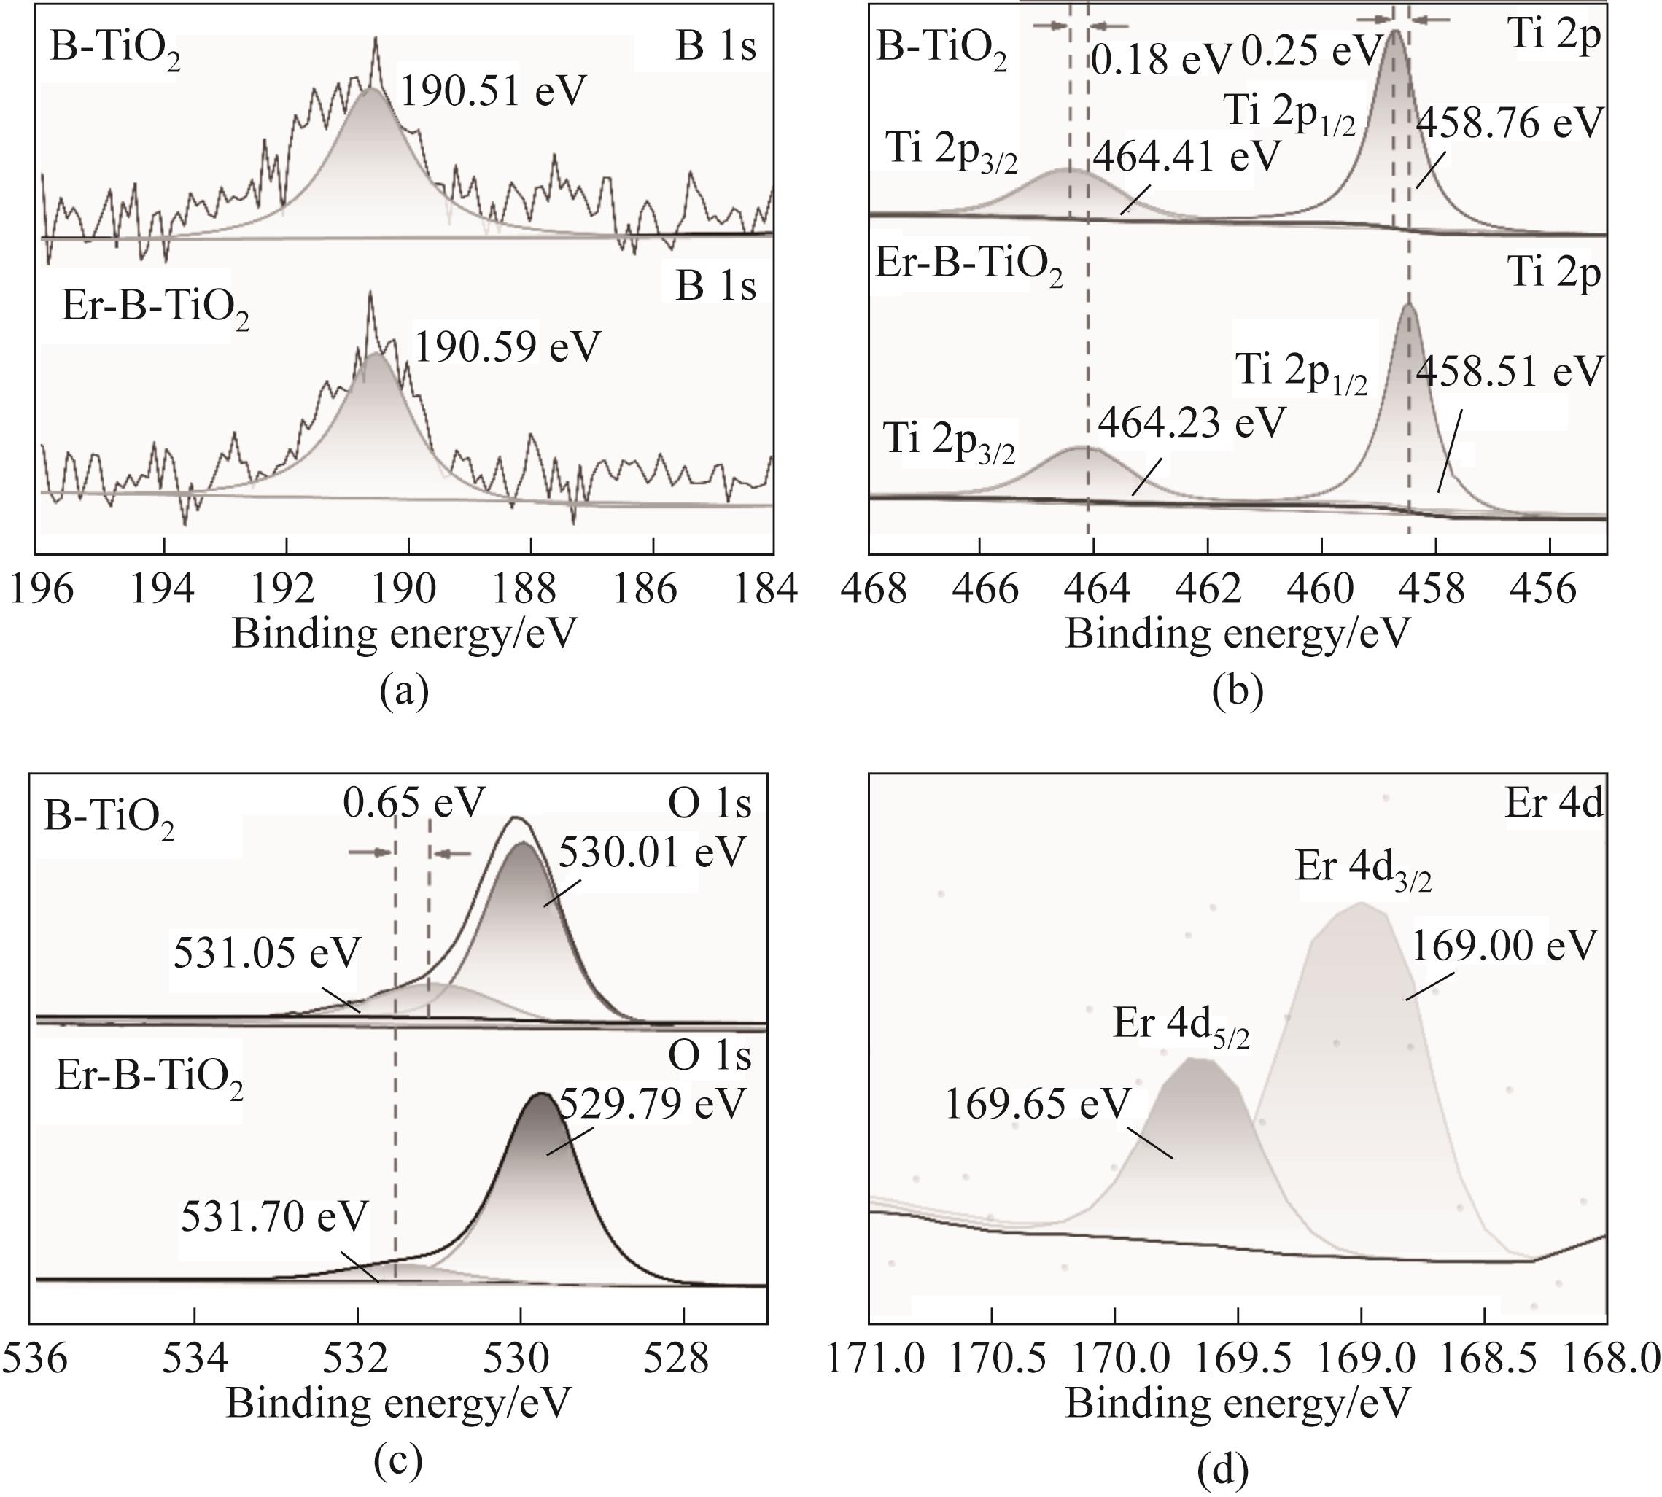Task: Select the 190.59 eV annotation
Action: click(507, 346)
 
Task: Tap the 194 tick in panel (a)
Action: click(164, 590)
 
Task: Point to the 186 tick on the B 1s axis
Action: click(652, 590)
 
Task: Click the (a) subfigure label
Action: click(404, 691)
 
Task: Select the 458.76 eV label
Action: click(1510, 124)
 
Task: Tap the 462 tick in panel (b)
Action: click(1207, 590)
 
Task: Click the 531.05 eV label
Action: click(267, 952)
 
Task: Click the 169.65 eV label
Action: click(1038, 1104)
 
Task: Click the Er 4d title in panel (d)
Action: click(1553, 804)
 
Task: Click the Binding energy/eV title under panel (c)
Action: click(398, 1402)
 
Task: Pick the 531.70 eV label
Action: click(274, 1216)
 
